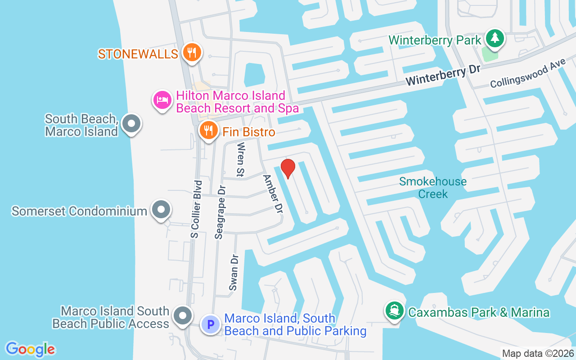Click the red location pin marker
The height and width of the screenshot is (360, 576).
[x=288, y=168]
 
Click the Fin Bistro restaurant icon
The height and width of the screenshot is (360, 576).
[x=208, y=131]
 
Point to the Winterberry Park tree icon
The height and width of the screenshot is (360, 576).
[x=495, y=38]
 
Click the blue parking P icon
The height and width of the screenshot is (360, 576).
[x=210, y=324]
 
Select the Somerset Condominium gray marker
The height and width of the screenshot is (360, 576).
[x=160, y=210]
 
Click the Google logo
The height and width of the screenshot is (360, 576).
[x=31, y=349]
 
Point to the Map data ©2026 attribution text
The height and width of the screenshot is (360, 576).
[x=538, y=354]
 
